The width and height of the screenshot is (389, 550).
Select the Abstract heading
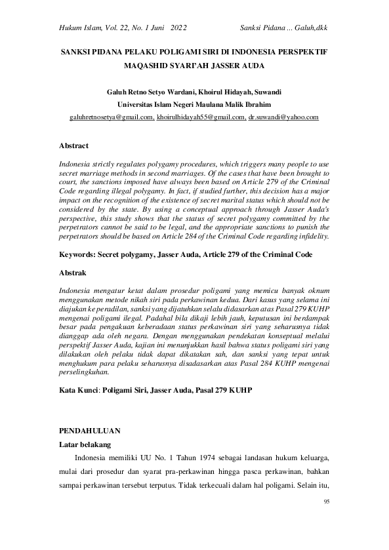[x=73, y=145]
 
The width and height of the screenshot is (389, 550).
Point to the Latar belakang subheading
[x=85, y=444]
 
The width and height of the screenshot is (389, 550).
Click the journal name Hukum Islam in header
[x=78, y=28]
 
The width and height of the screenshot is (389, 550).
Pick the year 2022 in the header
[x=178, y=28]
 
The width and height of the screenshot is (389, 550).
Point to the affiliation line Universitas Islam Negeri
[x=194, y=104]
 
